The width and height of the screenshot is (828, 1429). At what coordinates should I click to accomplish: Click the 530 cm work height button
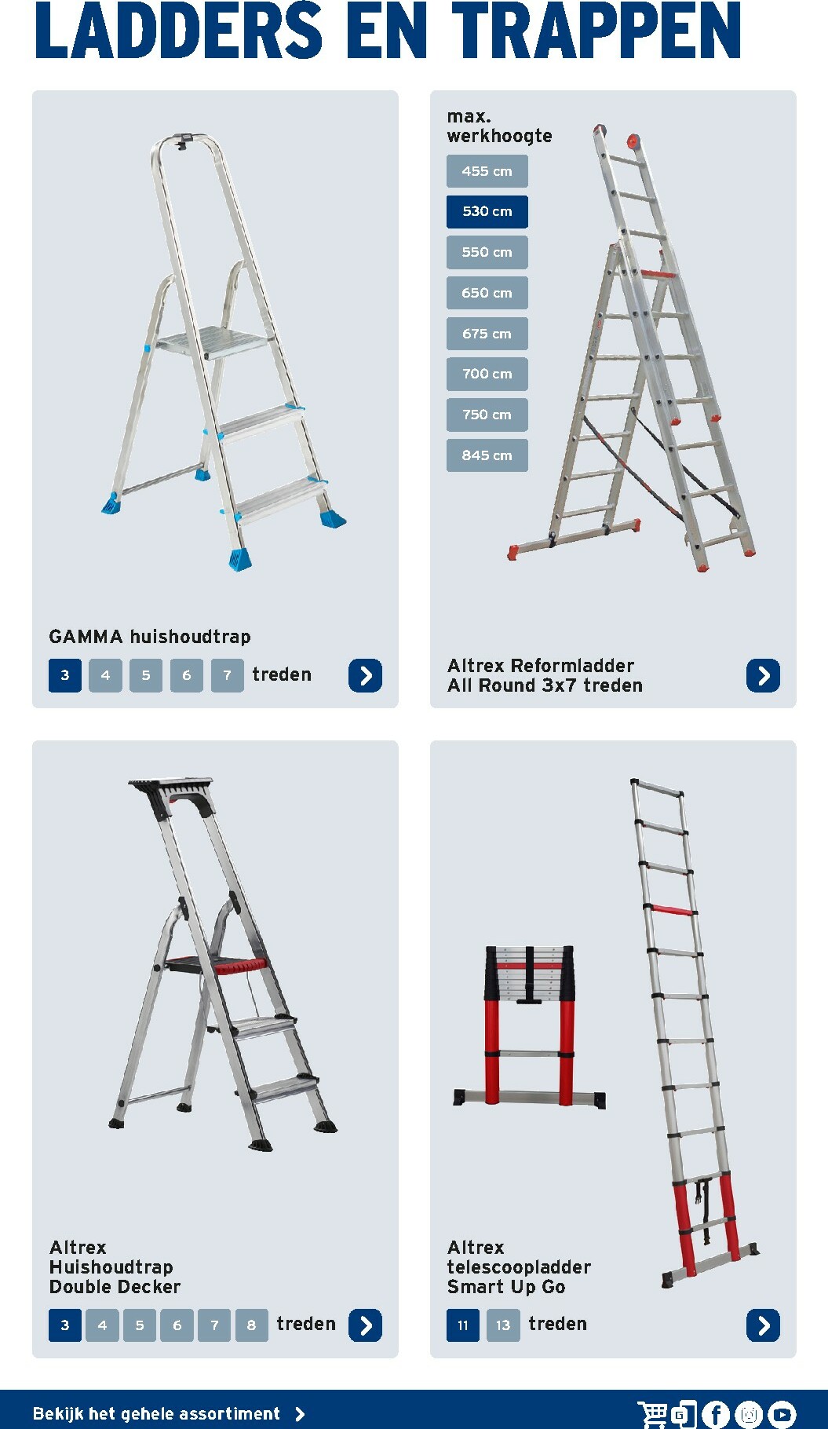pyautogui.click(x=487, y=211)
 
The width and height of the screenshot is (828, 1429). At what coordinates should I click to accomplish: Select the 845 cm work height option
pyautogui.click(x=487, y=455)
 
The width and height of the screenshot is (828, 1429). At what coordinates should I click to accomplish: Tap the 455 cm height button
pyautogui.click(x=487, y=171)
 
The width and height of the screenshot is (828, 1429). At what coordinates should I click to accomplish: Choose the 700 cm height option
pyautogui.click(x=487, y=374)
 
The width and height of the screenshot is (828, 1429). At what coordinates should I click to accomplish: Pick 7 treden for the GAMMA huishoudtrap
pyautogui.click(x=227, y=675)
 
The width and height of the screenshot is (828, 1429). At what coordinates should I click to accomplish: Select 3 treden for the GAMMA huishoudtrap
pyautogui.click(x=65, y=675)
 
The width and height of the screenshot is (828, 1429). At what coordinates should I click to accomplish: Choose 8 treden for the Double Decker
pyautogui.click(x=251, y=1325)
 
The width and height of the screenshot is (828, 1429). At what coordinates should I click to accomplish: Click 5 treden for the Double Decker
pyautogui.click(x=140, y=1325)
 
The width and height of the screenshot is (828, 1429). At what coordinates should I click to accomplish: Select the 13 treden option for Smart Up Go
pyautogui.click(x=503, y=1325)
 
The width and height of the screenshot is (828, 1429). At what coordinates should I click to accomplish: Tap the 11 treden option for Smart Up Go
pyautogui.click(x=463, y=1325)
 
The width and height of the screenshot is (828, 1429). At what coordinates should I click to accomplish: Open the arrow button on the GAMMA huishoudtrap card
pyautogui.click(x=365, y=675)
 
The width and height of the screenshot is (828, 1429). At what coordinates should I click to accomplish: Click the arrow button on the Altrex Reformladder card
pyautogui.click(x=763, y=675)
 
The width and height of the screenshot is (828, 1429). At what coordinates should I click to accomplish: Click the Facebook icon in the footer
pyautogui.click(x=716, y=1414)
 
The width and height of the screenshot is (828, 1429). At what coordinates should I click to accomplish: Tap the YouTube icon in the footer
pyautogui.click(x=782, y=1414)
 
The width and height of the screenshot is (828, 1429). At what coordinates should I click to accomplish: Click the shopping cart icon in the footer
pyautogui.click(x=653, y=1414)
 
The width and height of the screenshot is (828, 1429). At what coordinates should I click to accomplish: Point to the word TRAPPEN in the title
pyautogui.click(x=596, y=31)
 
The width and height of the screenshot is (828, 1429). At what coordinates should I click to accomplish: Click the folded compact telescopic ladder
pyautogui.click(x=529, y=1025)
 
